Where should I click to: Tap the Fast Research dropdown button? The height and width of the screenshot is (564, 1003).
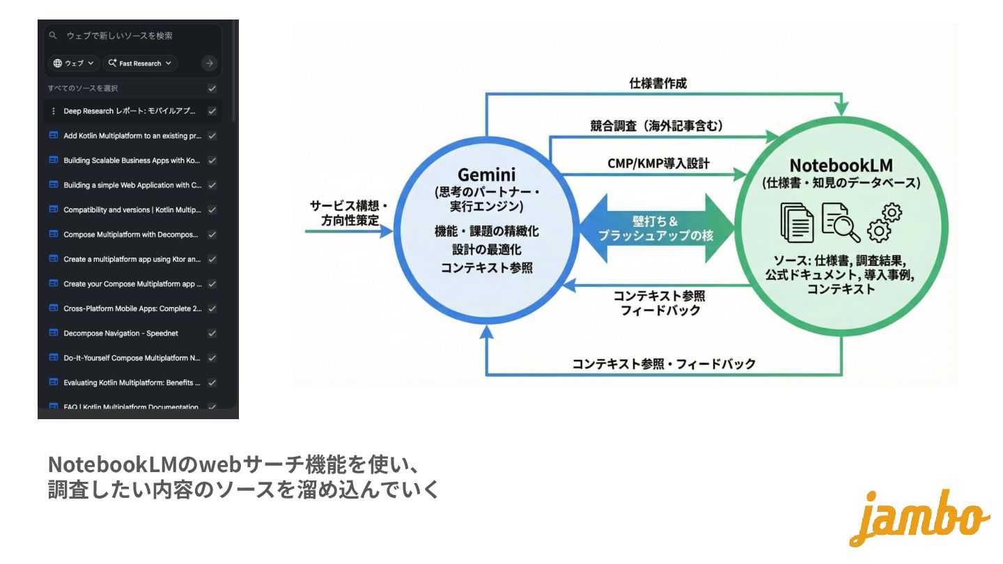pos(140,63)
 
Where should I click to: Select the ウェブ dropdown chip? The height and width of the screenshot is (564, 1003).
pos(74,63)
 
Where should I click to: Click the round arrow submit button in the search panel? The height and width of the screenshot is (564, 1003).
pos(209,63)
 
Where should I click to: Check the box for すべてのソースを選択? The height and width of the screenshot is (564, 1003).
pos(212,88)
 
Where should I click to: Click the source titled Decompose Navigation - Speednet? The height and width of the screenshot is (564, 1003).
pos(120,334)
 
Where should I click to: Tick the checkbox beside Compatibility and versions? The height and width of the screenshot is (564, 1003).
pos(212,210)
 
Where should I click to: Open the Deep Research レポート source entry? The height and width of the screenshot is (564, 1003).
pos(129,111)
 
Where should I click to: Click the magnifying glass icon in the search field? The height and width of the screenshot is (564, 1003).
pos(53,36)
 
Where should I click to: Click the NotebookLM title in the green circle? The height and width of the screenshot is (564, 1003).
pos(841,166)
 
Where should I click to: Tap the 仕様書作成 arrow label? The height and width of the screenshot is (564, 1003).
pos(658,84)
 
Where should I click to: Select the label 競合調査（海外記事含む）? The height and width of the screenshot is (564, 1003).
pos(656,126)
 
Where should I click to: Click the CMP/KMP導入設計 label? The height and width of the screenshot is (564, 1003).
pos(658,164)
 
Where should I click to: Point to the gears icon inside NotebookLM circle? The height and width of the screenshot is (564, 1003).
pos(884,222)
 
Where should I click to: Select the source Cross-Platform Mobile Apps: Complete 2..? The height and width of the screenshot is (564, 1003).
pos(132,308)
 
